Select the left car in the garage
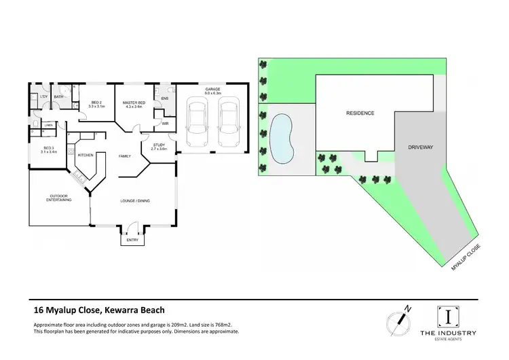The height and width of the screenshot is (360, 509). tap(197, 119)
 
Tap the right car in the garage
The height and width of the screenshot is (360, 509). tap(229, 119)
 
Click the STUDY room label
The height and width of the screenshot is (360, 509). tap(159, 145)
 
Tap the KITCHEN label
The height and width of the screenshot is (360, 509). tap(86, 156)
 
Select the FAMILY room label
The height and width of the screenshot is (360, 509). tap(125, 156)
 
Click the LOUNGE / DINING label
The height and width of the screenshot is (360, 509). tap(134, 201)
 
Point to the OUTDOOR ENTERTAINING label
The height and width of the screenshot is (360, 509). tap(59, 198)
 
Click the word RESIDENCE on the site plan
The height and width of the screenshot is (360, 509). tap(360, 113)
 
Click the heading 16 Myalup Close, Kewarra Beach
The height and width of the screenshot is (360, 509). tap(99, 310)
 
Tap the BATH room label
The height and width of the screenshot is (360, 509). tap(59, 97)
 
